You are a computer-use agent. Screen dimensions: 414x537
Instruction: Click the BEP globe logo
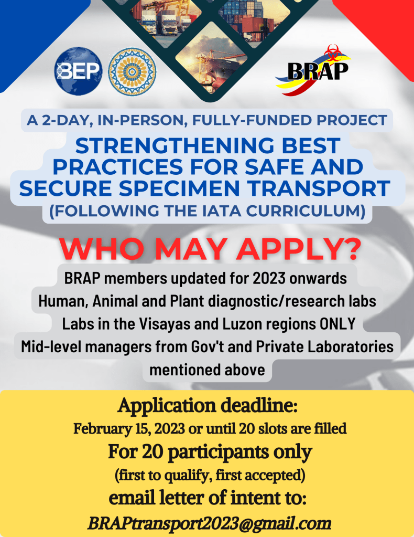click(78, 71)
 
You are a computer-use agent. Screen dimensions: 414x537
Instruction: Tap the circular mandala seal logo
click(132, 71)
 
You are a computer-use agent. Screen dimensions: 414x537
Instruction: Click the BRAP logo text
click(318, 71)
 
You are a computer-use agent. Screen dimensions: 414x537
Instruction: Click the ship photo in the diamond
click(211, 61)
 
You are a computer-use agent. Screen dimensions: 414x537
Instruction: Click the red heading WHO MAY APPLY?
click(210, 248)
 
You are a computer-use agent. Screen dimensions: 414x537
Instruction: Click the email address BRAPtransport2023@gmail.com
click(209, 523)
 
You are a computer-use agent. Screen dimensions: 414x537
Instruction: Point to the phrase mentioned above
click(207, 370)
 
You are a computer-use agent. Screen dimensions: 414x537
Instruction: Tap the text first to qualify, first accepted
click(210, 475)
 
